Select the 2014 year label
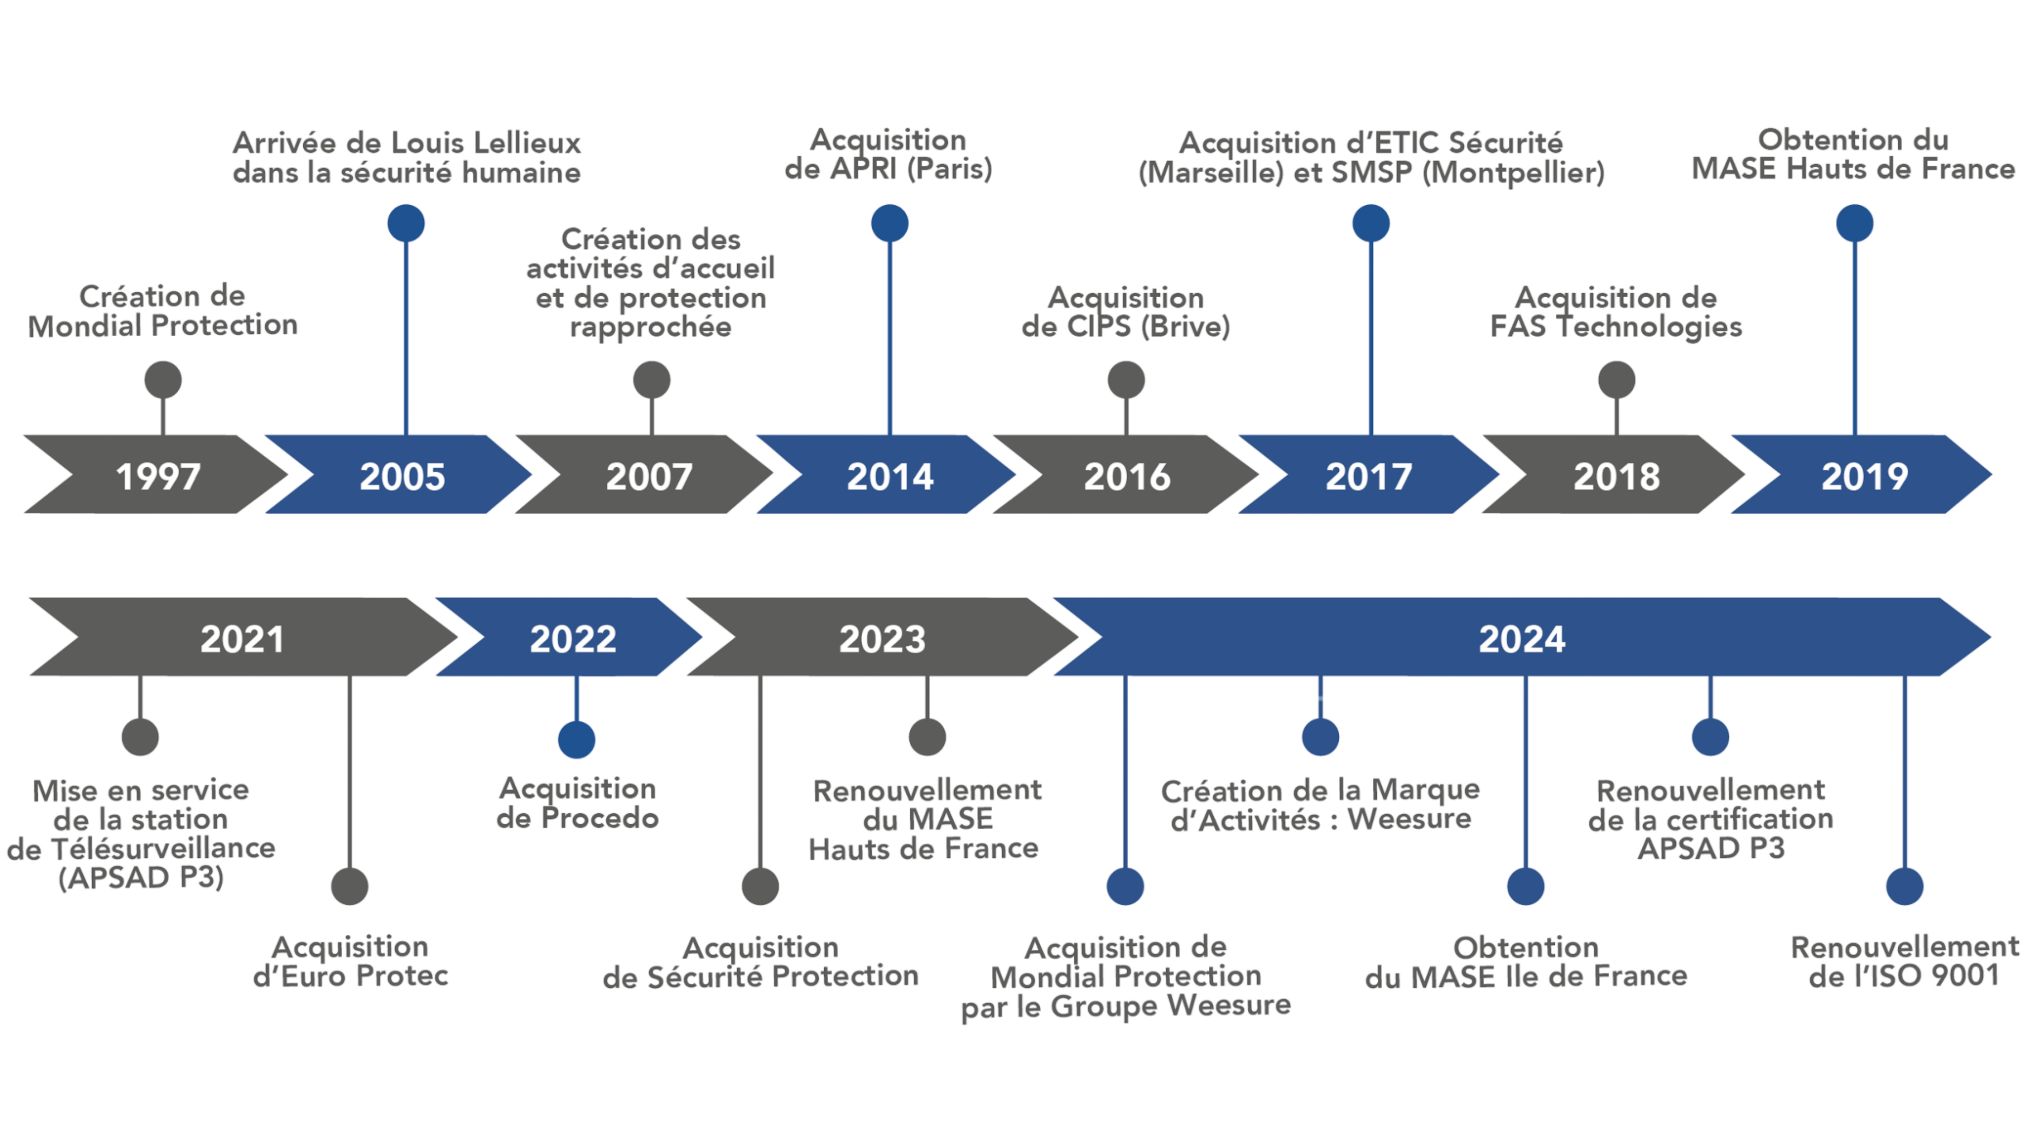point(890,477)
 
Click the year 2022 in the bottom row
point(572,639)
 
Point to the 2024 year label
point(1521,639)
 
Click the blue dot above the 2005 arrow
point(406,223)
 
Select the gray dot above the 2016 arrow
point(1125,380)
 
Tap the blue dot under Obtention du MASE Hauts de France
point(1854,223)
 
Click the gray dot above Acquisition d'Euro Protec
point(350,886)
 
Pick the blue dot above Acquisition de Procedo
point(576,739)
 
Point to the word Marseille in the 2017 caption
point(1211,173)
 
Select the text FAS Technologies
point(1615,326)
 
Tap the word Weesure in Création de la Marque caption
point(1409,819)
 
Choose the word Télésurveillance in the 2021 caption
point(162,848)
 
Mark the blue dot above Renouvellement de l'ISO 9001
point(1904,886)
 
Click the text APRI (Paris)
point(910,169)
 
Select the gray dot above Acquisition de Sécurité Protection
point(760,886)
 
